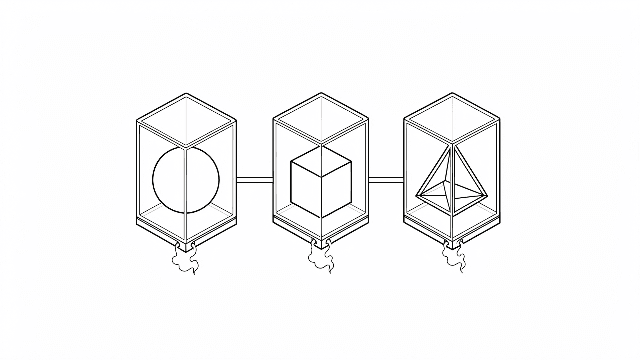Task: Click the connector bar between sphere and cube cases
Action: point(255,180)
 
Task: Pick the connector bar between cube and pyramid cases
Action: point(386,180)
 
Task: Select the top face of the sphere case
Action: point(186,120)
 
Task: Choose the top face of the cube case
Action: point(321,119)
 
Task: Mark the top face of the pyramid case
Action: point(452,119)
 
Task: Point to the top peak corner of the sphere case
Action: point(186,94)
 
